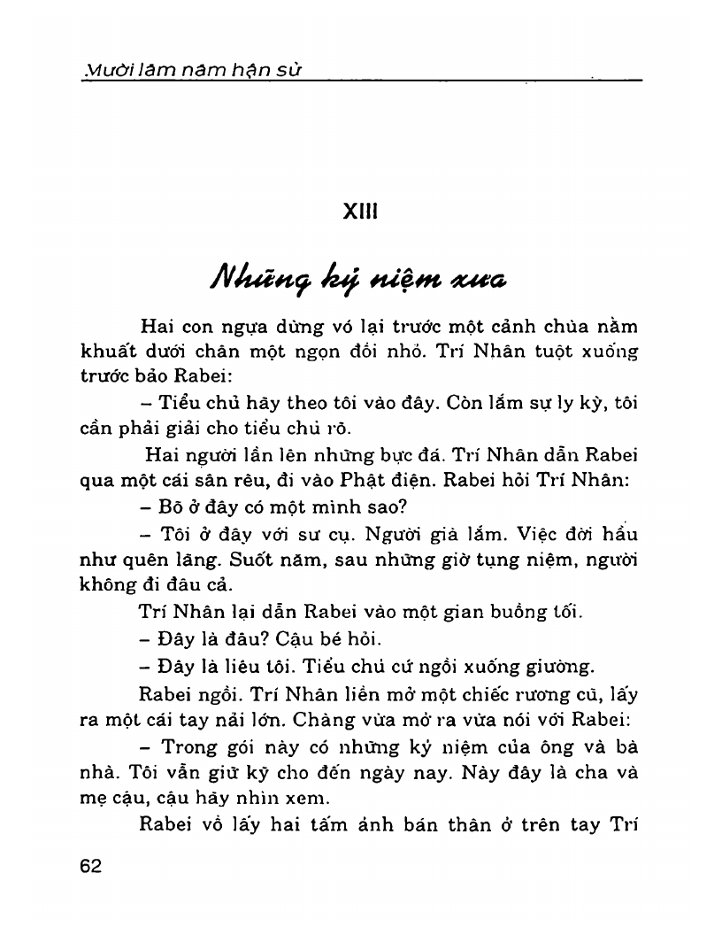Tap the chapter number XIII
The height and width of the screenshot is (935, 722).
[x=360, y=213]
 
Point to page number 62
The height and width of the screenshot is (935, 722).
[x=90, y=866]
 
